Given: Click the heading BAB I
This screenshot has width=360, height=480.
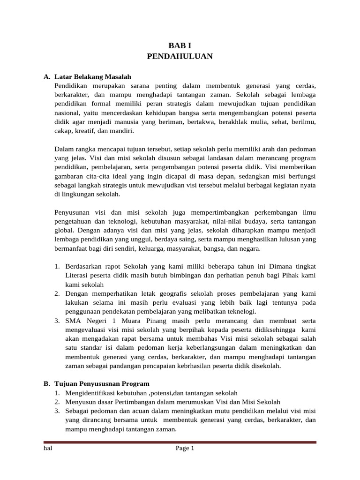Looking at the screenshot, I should [x=180, y=45].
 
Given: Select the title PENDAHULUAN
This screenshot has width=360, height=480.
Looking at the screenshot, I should [x=180, y=57].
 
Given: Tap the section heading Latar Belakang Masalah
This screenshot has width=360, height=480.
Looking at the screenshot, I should [x=93, y=76].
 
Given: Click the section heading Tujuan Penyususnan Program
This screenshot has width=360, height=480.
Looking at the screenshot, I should [x=102, y=383].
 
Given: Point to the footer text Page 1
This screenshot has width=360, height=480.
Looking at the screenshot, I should [x=185, y=449].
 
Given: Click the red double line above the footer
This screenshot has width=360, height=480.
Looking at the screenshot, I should [x=180, y=442].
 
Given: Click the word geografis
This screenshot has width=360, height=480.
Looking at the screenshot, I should [x=184, y=293].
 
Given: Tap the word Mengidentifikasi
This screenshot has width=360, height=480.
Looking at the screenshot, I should [x=91, y=393].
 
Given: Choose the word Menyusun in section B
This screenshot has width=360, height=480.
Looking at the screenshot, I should [x=80, y=402].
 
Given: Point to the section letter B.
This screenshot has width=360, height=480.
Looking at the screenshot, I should [x=46, y=383].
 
